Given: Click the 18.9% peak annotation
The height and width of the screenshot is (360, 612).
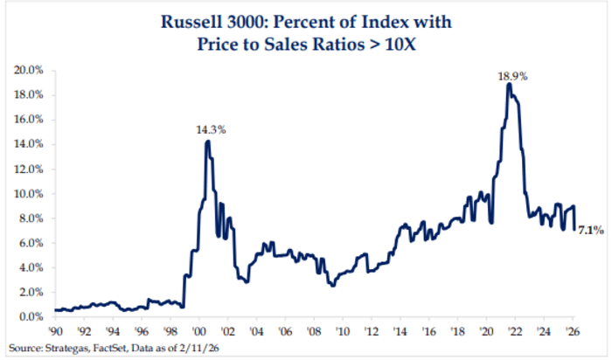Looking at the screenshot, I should pos(513,77).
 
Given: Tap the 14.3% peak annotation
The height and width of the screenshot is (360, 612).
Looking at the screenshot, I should pos(211,130).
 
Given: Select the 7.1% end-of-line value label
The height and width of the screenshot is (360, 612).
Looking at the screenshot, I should pos(588,231).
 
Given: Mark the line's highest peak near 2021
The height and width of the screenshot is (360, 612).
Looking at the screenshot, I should pos(508,85).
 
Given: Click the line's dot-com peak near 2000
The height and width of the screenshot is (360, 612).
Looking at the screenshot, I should pos(207,141).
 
